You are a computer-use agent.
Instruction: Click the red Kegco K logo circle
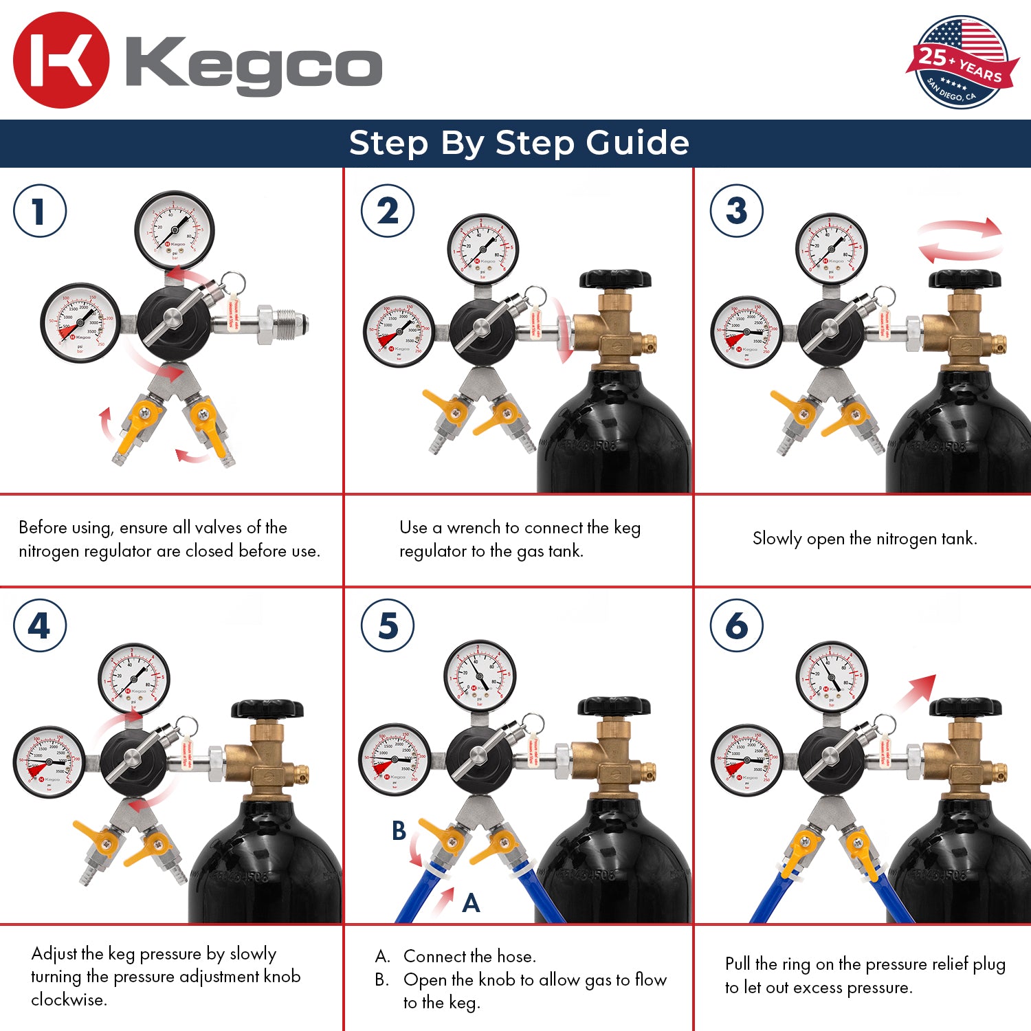pyautogui.click(x=60, y=60)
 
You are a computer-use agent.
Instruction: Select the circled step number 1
pyautogui.click(x=40, y=211)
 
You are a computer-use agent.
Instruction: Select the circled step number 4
pyautogui.click(x=40, y=626)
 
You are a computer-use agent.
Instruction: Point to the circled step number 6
pyautogui.click(x=736, y=626)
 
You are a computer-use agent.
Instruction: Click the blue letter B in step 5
pyautogui.click(x=399, y=831)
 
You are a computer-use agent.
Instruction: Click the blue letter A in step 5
pyautogui.click(x=471, y=903)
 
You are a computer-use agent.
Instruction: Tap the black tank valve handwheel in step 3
pyautogui.click(x=964, y=279)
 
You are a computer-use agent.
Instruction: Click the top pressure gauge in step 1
pyautogui.click(x=175, y=230)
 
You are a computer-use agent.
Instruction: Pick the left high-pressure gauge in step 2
pyautogui.click(x=399, y=332)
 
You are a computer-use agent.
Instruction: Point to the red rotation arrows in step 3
pyautogui.click(x=960, y=241)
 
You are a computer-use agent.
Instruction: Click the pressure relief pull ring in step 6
pyautogui.click(x=886, y=724)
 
